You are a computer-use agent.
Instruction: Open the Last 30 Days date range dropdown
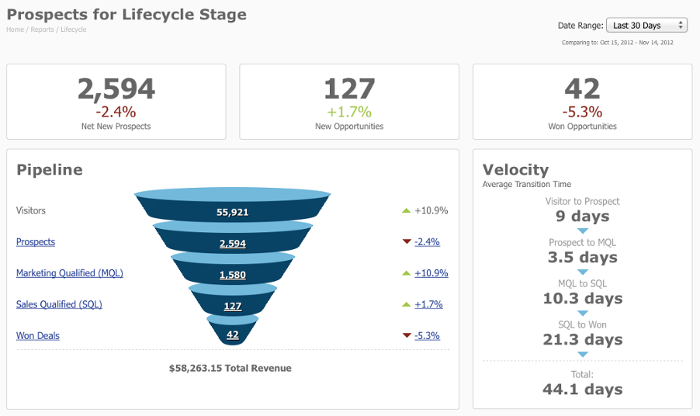(x=646, y=26)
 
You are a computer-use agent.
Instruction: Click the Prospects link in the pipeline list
(x=36, y=242)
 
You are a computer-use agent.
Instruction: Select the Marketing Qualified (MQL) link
(x=69, y=273)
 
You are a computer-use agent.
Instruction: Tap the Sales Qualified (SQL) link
(x=59, y=304)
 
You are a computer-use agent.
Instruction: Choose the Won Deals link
(x=38, y=336)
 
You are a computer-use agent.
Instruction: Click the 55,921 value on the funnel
(x=233, y=212)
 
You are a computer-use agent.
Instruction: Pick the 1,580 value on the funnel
(x=233, y=275)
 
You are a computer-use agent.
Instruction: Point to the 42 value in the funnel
(x=233, y=335)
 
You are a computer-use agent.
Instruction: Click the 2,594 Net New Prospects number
(x=116, y=88)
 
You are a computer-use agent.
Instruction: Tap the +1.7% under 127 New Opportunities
(x=348, y=112)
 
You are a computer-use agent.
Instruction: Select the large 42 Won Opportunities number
(x=582, y=88)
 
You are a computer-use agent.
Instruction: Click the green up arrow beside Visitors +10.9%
(x=406, y=210)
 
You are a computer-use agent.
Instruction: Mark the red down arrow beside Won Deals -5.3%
(x=406, y=336)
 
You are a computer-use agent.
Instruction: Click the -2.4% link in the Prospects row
(x=427, y=242)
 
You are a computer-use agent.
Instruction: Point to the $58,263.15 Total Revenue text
(x=230, y=368)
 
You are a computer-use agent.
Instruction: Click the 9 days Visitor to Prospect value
(x=582, y=217)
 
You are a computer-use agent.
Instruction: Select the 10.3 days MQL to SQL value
(x=582, y=299)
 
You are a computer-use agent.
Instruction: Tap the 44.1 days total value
(x=582, y=389)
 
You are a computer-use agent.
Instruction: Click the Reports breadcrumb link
(x=42, y=29)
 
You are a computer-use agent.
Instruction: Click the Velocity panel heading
(x=515, y=169)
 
